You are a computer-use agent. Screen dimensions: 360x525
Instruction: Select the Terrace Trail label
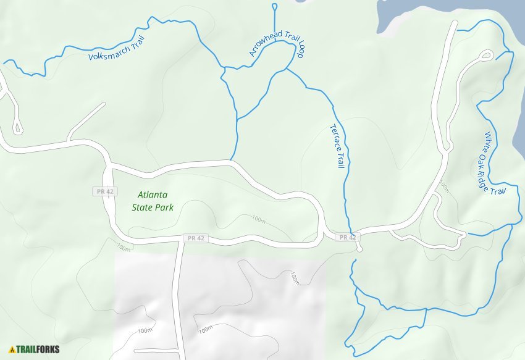[337, 146]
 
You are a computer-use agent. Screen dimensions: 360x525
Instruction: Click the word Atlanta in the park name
[153, 195]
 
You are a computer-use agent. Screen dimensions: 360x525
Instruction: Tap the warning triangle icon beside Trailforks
[12, 349]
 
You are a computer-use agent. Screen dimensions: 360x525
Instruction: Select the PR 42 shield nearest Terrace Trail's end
[346, 237]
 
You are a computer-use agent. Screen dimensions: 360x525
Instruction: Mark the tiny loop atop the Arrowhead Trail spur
[274, 7]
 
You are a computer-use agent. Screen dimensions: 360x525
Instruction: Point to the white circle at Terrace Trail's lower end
[359, 249]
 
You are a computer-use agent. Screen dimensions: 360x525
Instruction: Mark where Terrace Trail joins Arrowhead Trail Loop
[287, 69]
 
